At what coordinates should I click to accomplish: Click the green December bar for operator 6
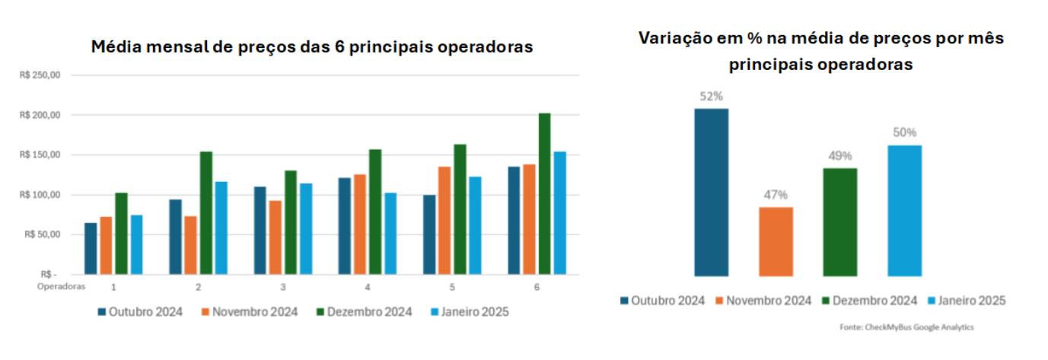(544, 193)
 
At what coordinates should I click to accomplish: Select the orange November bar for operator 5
(444, 220)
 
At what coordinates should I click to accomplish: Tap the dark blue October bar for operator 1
(91, 248)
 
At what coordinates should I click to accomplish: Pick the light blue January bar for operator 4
(390, 233)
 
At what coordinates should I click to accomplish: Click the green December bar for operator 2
(205, 212)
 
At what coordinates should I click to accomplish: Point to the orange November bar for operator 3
(275, 237)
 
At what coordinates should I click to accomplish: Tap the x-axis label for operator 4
(368, 287)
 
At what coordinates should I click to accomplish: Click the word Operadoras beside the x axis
(61, 287)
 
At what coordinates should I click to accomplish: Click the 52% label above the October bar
(711, 97)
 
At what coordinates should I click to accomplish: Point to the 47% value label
(776, 195)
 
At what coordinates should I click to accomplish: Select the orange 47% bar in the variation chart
(776, 241)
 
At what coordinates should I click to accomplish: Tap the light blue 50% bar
(904, 210)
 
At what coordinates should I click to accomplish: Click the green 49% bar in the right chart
(840, 221)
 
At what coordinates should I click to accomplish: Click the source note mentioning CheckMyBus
(906, 327)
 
